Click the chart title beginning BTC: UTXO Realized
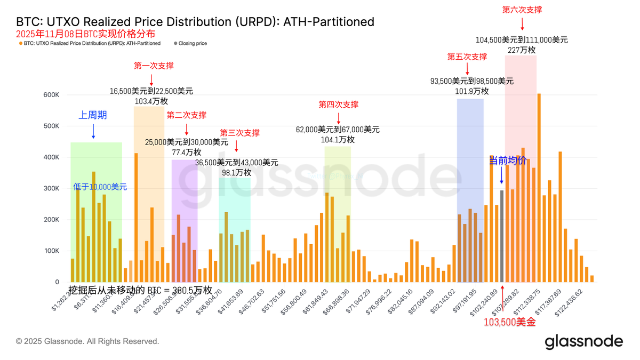195,22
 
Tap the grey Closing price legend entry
190,43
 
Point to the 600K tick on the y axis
51,95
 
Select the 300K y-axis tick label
51,188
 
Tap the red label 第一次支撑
154,66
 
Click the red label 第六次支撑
522,10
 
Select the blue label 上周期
93,115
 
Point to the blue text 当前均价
508,161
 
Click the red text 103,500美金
509,322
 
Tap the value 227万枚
521,50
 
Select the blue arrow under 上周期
93,131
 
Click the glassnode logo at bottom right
583,341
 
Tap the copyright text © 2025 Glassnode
87,341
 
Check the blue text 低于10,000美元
100,187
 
